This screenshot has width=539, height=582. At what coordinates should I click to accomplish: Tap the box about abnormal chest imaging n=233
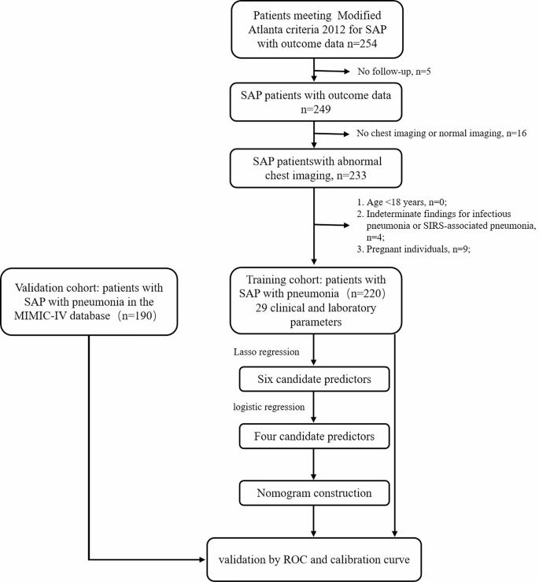pos(315,168)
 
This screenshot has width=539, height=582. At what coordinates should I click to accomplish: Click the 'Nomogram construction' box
pos(315,494)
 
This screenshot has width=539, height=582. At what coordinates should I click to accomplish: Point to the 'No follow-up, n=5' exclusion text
pos(394,73)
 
